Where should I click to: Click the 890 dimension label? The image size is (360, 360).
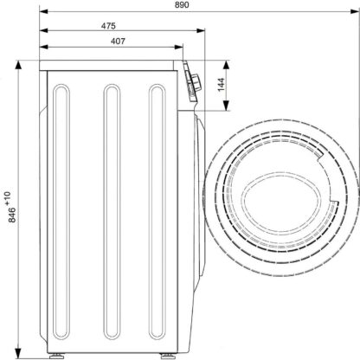tap(182, 4)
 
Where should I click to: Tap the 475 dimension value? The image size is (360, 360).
tap(108, 26)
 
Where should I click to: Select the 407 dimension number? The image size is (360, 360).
tap(118, 42)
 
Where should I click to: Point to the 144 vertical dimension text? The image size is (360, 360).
tap(221, 85)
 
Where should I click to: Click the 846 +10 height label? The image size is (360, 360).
tap(10, 207)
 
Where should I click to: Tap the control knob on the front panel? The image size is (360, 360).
tap(196, 80)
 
